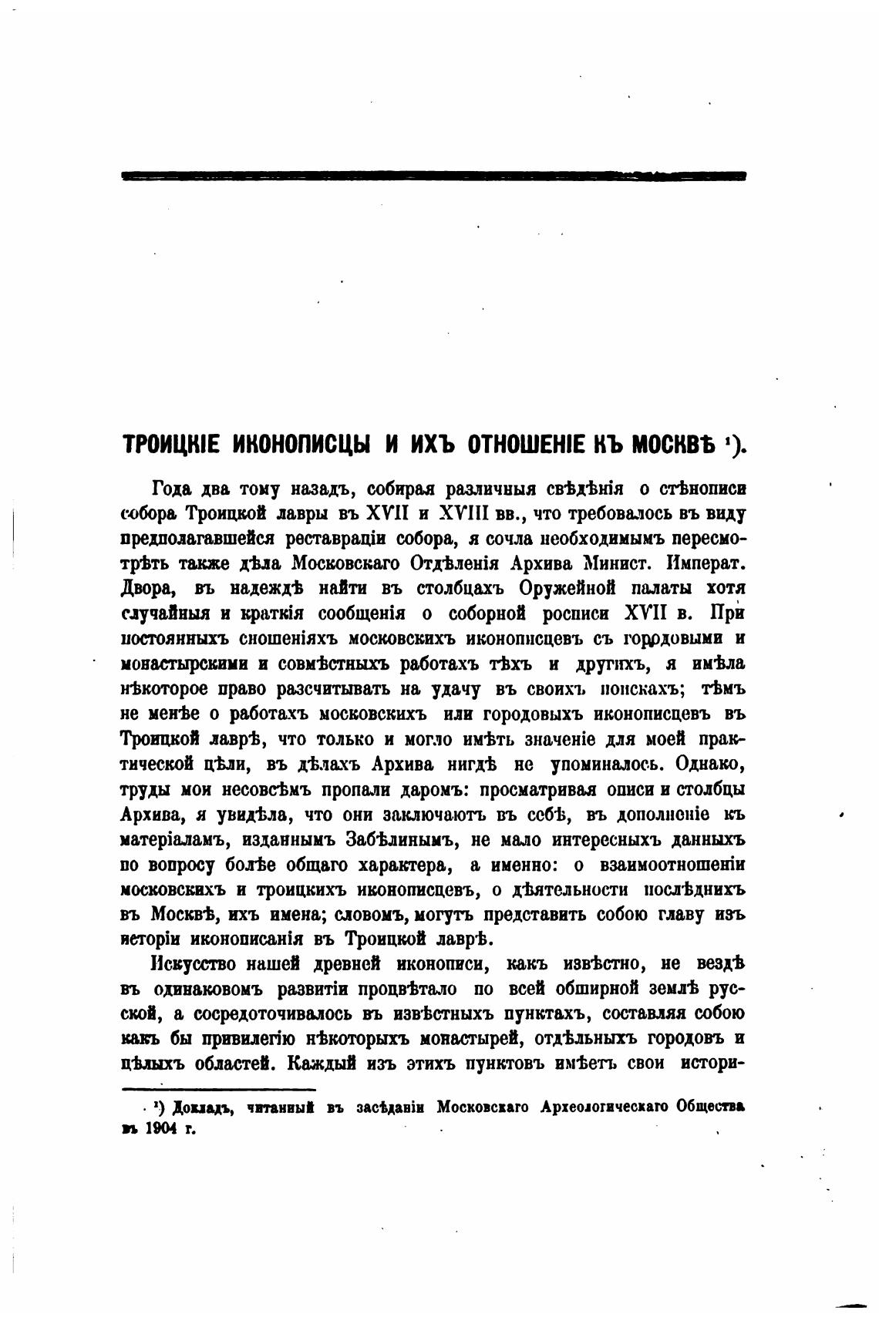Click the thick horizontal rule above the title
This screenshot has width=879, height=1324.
click(434, 176)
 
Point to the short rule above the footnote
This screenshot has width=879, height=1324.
click(220, 1090)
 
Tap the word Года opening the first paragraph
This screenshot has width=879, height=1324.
click(170, 488)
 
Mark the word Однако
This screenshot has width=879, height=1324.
click(709, 764)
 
